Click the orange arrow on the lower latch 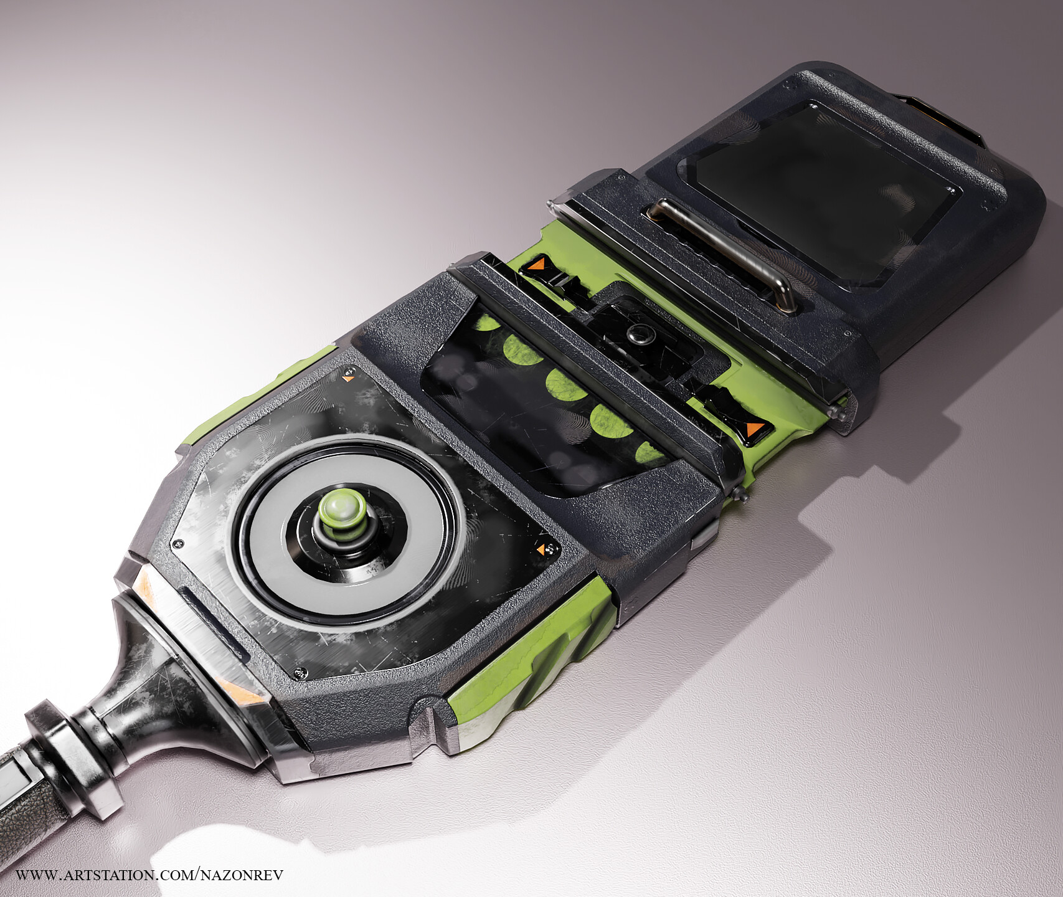point(754,429)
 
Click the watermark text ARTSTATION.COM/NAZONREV point(149,875)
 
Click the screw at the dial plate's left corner point(179,543)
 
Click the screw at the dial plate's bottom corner point(301,672)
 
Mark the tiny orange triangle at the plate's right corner point(549,548)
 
